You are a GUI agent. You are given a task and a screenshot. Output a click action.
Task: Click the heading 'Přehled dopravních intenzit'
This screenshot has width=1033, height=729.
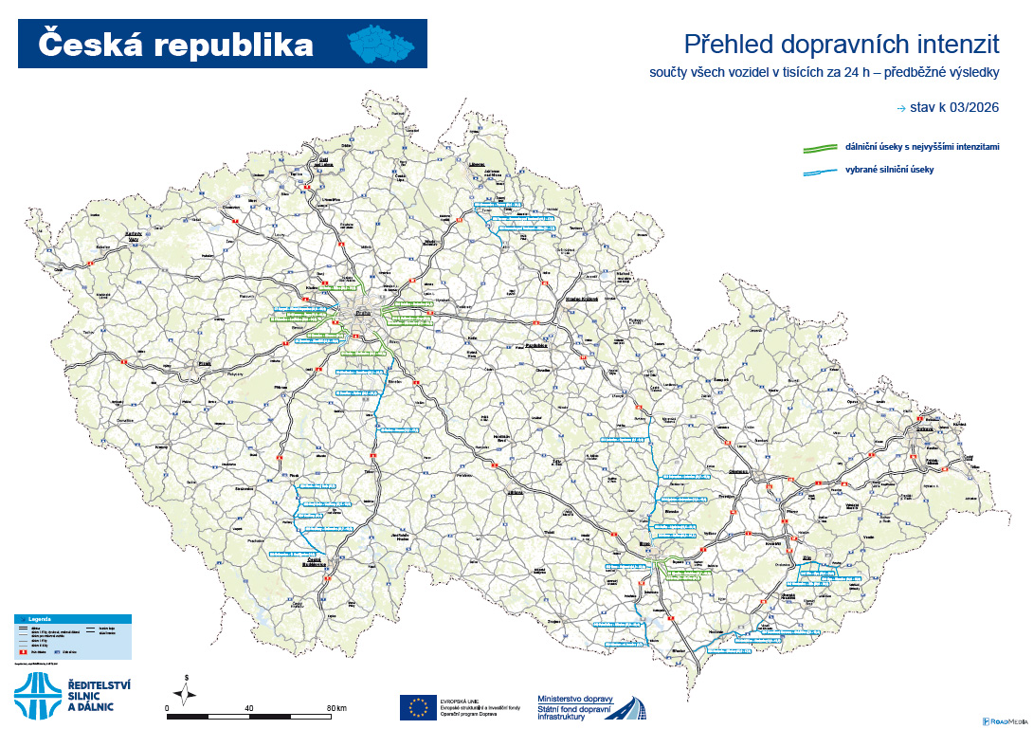click(x=842, y=44)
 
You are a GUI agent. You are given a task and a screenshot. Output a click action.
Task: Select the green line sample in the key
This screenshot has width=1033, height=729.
click(x=818, y=148)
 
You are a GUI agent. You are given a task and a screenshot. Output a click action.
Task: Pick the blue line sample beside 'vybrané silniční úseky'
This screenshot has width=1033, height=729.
click(x=818, y=171)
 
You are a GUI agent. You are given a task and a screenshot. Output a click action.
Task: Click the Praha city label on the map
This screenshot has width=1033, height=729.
click(x=361, y=312)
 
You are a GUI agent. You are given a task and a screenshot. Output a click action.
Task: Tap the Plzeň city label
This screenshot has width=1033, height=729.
click(x=203, y=363)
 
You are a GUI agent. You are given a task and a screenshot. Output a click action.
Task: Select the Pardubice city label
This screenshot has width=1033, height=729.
click(x=539, y=346)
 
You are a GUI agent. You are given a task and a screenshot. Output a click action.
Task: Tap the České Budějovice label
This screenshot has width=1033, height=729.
click(x=324, y=561)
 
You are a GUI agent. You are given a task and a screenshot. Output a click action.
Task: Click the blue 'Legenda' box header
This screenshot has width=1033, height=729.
click(x=72, y=618)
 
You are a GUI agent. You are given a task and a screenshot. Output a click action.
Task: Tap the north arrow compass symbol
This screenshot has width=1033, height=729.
click(x=189, y=692)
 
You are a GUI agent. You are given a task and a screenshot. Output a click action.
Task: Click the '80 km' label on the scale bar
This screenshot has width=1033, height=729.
click(x=335, y=708)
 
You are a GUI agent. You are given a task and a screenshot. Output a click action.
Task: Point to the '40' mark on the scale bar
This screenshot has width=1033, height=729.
click(x=248, y=708)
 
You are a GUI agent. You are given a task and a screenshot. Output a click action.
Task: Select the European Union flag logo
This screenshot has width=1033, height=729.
click(x=417, y=706)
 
